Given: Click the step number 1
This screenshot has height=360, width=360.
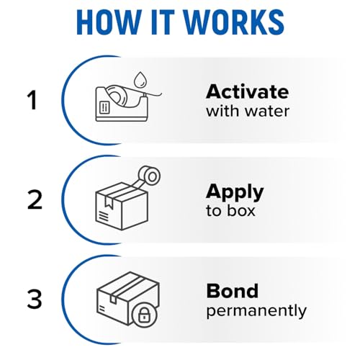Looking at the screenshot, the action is (x=32, y=100).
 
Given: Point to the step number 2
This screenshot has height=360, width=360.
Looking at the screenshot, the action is (x=35, y=199).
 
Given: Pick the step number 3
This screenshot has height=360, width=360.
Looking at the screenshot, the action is (x=35, y=300).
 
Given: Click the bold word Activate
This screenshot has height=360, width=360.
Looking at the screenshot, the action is (x=248, y=91).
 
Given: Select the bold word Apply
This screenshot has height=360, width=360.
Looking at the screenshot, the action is (x=235, y=193).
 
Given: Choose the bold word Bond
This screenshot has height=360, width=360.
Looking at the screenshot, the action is (x=233, y=291).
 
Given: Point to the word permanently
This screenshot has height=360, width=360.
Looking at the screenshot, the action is (x=256, y=311).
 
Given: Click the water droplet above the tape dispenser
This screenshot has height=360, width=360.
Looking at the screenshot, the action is (x=140, y=79).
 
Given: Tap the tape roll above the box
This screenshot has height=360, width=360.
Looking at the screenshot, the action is (x=149, y=177).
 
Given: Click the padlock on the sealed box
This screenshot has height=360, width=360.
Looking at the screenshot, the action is (x=144, y=315).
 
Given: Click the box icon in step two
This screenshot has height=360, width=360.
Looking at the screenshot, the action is (x=122, y=206).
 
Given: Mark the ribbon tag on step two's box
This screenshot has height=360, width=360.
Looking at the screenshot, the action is (x=109, y=202).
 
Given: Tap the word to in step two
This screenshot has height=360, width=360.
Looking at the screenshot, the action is (x=214, y=211).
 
